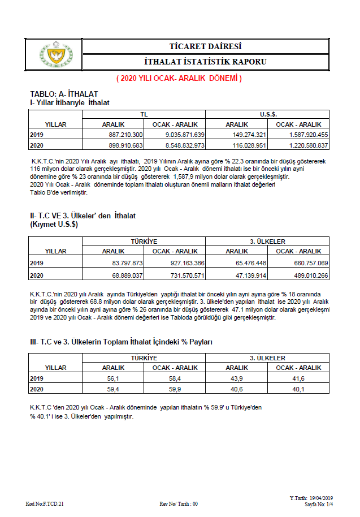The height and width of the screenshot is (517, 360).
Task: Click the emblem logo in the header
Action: (55, 54)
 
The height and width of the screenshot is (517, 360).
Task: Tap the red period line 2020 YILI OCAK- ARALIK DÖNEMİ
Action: (179, 78)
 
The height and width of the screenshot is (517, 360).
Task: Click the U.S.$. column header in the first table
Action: (268, 114)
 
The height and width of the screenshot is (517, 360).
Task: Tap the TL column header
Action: (144, 114)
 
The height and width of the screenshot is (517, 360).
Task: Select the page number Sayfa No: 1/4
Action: (319, 503)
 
